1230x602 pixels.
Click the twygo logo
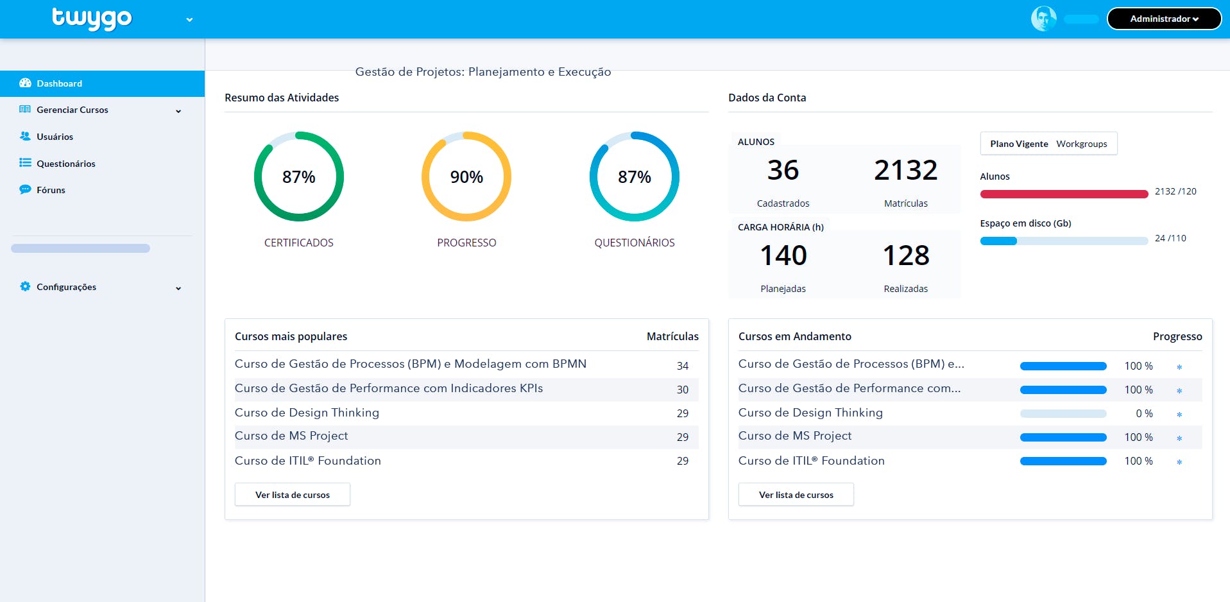92,19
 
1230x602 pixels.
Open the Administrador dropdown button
1164,19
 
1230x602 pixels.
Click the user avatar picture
1043,19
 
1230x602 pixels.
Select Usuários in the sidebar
55,137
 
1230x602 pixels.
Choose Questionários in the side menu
65,164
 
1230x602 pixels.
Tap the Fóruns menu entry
51,190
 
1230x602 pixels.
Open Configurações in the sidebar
66,287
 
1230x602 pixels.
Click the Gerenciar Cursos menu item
72,110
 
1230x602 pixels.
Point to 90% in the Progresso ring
466,177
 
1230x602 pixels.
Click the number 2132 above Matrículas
905,170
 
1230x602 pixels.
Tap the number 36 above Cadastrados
783,170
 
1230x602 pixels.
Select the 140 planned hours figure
783,255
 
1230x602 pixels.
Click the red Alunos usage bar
1064,194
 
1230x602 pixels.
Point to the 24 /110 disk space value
1170,238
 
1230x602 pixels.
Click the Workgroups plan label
1082,144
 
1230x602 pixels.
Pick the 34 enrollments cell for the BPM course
683,366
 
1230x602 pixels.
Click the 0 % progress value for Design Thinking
1144,413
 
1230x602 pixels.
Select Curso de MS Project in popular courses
291,436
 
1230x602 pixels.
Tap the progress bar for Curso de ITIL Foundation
1063,461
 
